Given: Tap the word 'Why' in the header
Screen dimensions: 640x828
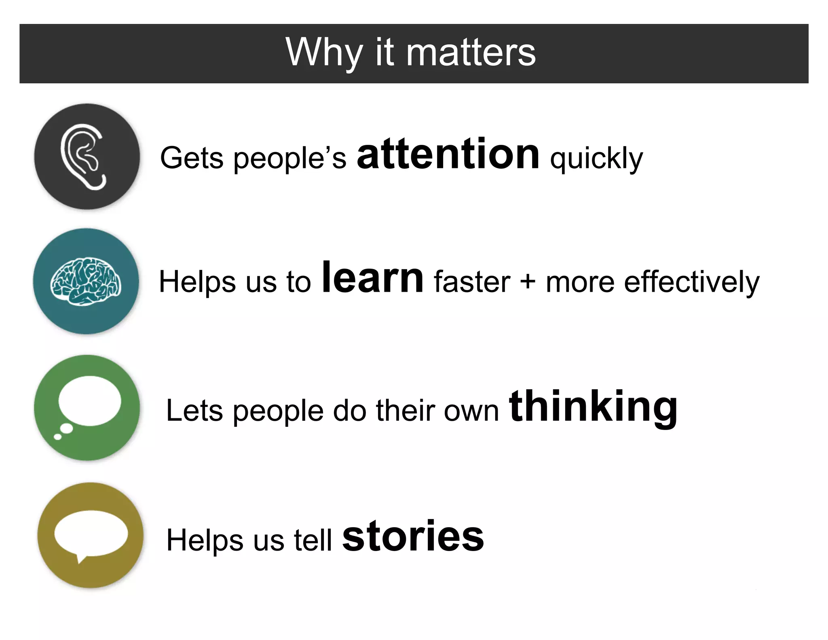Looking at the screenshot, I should (323, 53).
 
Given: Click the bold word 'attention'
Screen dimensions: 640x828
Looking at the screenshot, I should (448, 155).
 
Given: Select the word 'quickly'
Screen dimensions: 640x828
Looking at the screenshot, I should (596, 159).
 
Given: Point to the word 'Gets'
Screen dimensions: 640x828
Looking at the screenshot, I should (192, 158).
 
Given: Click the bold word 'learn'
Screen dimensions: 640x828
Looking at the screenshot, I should (372, 278).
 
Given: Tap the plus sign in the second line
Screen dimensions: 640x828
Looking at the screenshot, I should (528, 282).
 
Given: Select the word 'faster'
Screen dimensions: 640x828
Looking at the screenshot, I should (472, 282).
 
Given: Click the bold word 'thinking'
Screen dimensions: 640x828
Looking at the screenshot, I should (593, 407).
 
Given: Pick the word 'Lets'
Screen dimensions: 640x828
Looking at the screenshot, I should (194, 411).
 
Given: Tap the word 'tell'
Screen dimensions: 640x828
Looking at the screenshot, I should (313, 540).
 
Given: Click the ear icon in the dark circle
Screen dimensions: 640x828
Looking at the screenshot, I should (84, 157).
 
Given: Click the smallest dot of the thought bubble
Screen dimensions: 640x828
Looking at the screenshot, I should (58, 437).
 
